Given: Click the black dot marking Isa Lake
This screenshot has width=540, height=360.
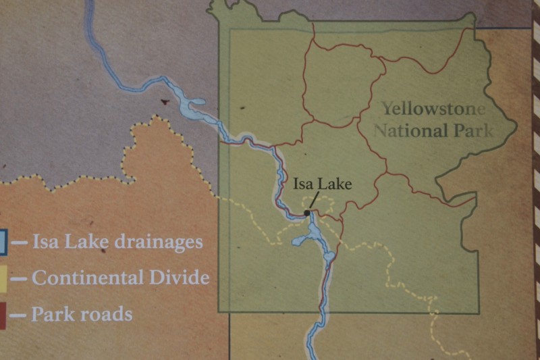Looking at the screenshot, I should click(x=307, y=213).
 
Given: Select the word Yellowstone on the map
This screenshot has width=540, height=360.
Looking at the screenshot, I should click(x=433, y=108).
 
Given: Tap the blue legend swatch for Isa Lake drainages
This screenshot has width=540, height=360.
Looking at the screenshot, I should click(x=3, y=242).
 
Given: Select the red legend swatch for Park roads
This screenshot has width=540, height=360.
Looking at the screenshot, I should click(x=3, y=315).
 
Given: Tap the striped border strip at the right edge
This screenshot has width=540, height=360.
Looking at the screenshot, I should click(x=536, y=180).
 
